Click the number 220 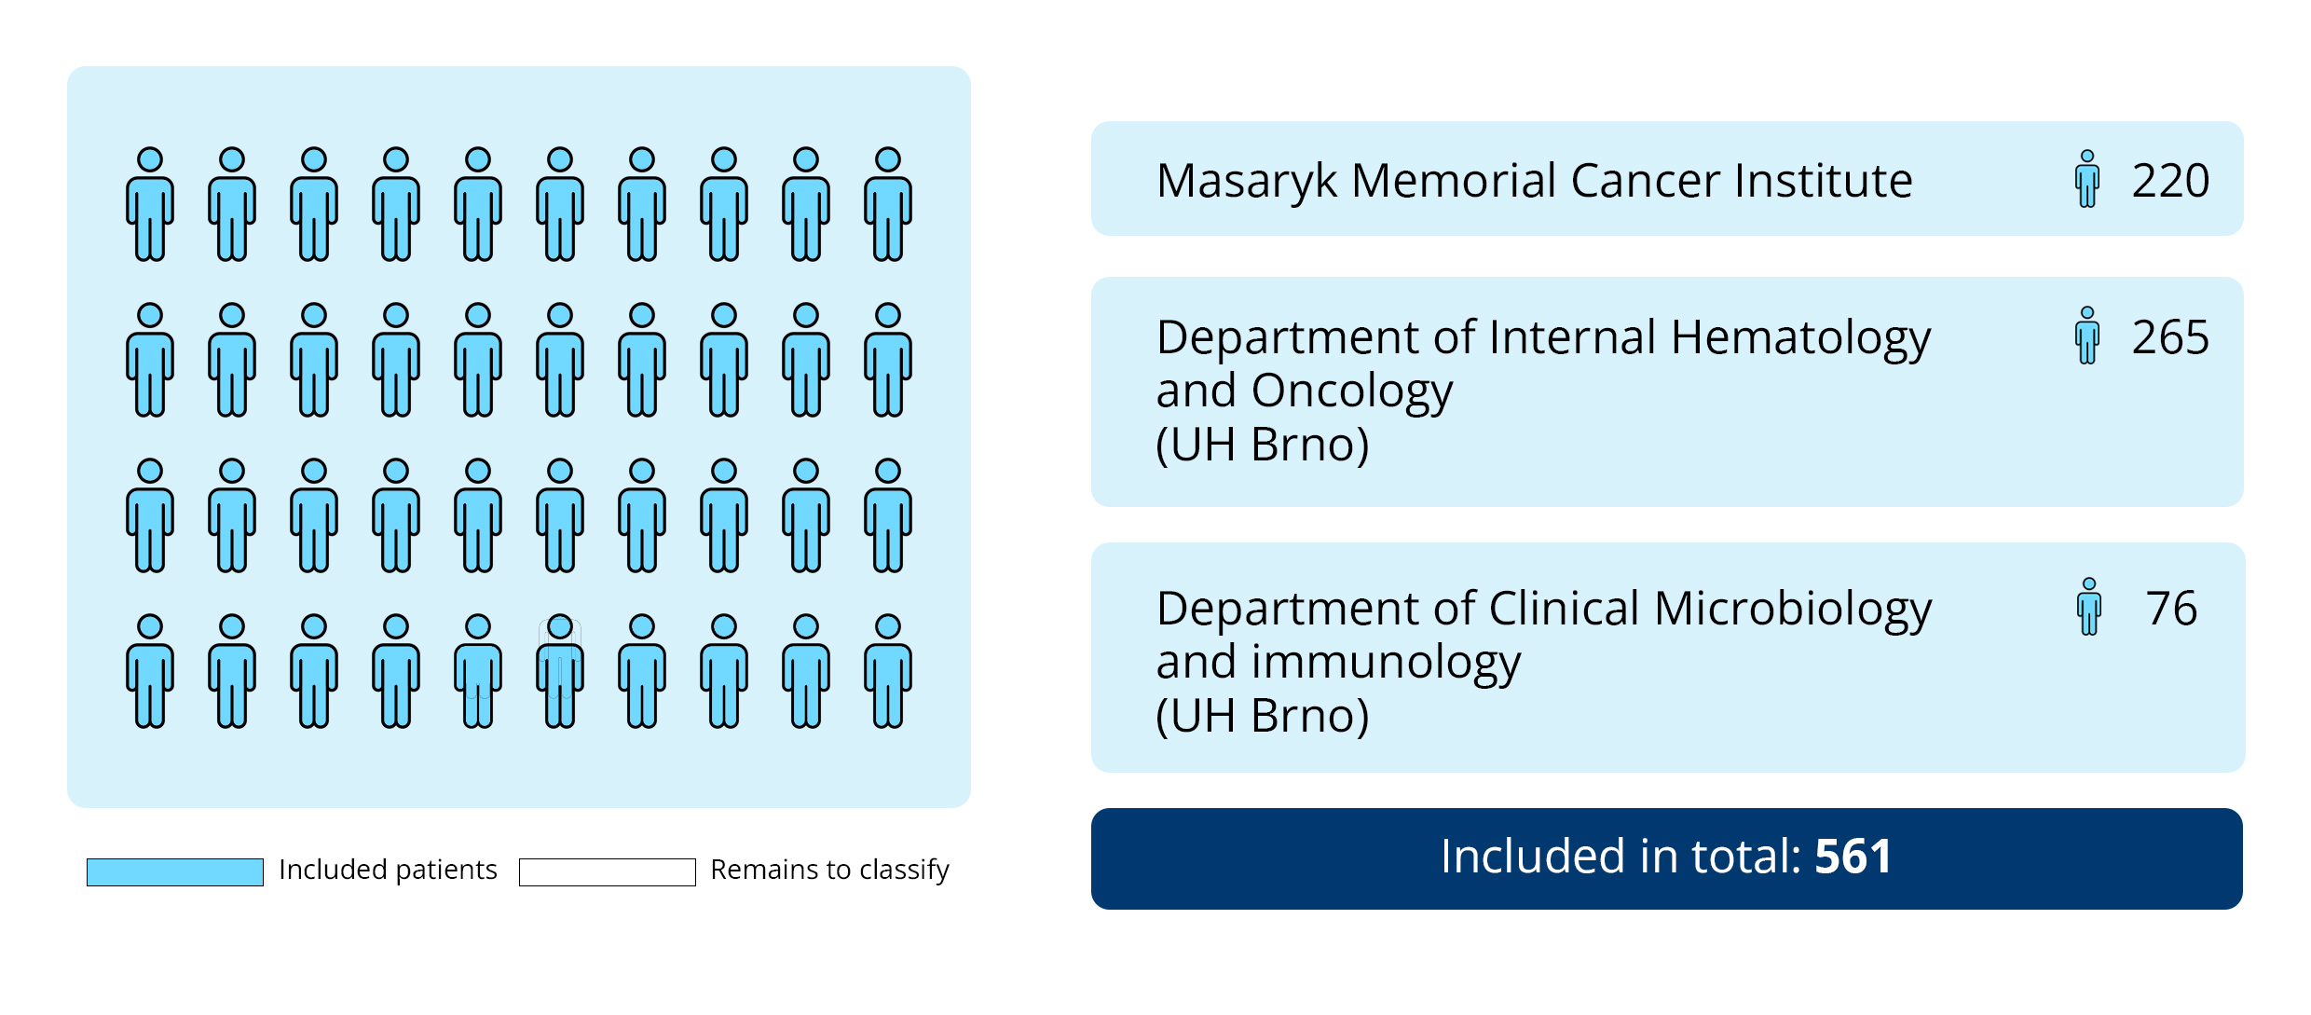click(2170, 181)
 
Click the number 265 click(2170, 337)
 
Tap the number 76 click(2171, 609)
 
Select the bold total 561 click(1853, 857)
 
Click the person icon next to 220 click(2087, 179)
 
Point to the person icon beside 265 click(2087, 336)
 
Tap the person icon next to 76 click(2089, 607)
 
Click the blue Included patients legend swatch click(175, 872)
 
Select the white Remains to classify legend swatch click(608, 872)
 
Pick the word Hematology click(1800, 338)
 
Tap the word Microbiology click(1793, 610)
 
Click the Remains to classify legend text click(829, 871)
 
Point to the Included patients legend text click(388, 871)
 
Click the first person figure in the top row click(150, 204)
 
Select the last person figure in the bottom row click(888, 671)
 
